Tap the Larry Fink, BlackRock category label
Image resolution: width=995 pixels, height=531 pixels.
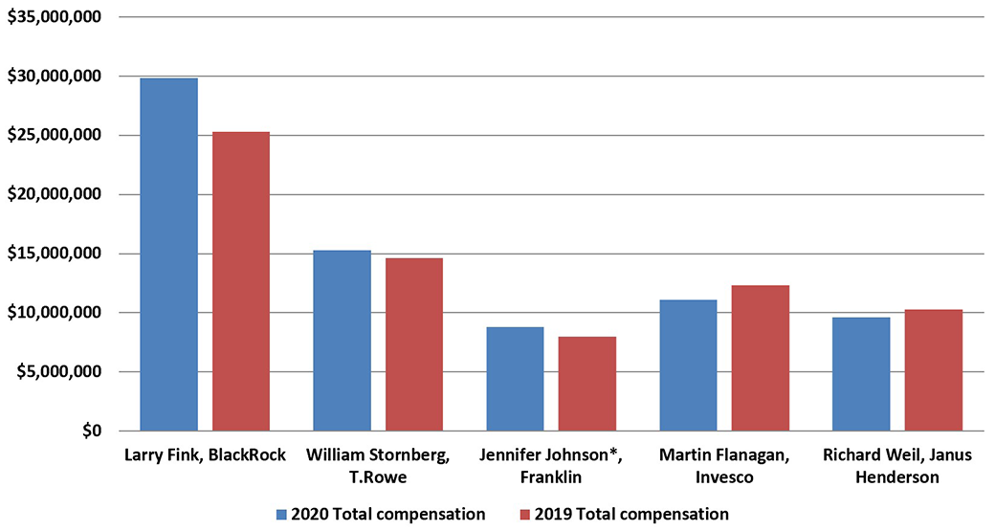pyautogui.click(x=206, y=454)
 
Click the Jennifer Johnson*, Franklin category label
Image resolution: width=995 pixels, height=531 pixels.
pyautogui.click(x=551, y=464)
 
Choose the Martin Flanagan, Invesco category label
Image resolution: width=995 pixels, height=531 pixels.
pyautogui.click(x=724, y=464)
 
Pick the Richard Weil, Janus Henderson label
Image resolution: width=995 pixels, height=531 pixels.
pyautogui.click(x=897, y=464)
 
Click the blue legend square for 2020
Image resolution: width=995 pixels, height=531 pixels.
pyautogui.click(x=281, y=515)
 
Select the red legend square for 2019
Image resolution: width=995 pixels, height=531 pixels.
pyautogui.click(x=524, y=515)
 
